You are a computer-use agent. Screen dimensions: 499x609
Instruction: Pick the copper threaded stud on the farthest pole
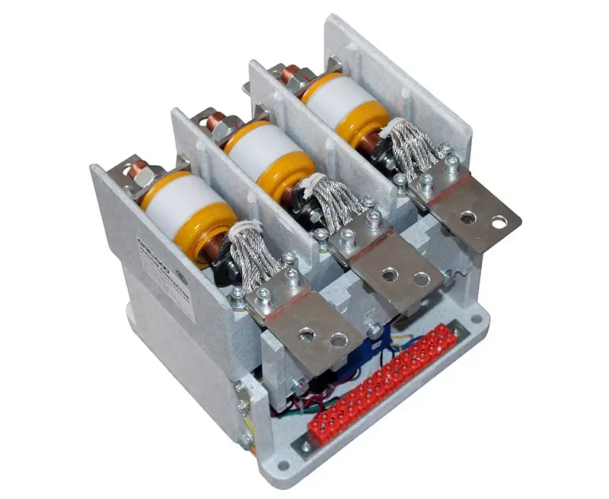(292, 74)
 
